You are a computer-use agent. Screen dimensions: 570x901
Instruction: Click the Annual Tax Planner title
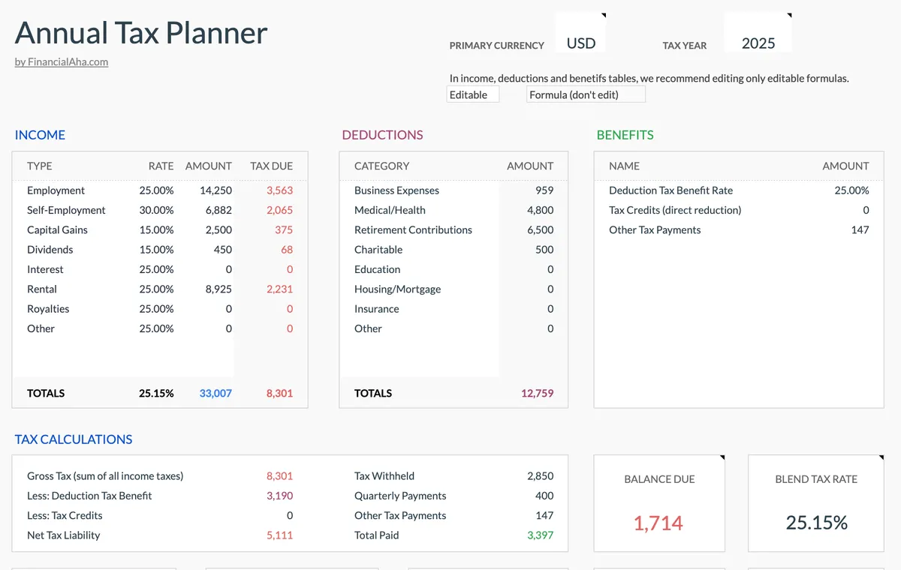(x=141, y=33)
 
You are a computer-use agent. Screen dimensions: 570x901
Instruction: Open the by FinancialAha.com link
(x=62, y=62)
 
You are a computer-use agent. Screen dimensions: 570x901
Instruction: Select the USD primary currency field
(x=580, y=43)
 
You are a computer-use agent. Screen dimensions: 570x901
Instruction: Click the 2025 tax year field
(x=758, y=43)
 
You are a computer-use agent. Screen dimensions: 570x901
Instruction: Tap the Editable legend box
(x=472, y=94)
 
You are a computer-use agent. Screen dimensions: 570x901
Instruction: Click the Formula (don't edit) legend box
(x=585, y=94)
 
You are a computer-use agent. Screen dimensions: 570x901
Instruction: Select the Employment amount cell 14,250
(x=215, y=190)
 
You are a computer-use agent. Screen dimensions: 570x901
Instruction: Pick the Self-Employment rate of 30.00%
(x=156, y=210)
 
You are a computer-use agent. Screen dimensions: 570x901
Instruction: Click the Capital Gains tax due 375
(x=283, y=230)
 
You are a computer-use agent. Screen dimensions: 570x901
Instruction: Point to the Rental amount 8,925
(x=218, y=289)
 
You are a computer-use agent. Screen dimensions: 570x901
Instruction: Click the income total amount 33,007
(x=215, y=393)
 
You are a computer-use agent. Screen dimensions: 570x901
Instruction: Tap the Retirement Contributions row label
(x=413, y=230)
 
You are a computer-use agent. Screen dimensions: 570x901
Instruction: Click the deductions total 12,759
(x=537, y=393)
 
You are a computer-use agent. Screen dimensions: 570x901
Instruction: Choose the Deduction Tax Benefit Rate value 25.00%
(x=851, y=190)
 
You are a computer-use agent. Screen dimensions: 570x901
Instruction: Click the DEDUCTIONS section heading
(x=382, y=135)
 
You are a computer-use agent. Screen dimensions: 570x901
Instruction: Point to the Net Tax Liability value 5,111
(x=279, y=535)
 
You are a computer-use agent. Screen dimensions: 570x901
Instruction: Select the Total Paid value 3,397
(x=540, y=535)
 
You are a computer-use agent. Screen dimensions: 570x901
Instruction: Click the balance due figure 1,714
(x=658, y=523)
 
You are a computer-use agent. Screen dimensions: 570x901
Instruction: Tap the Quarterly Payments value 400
(x=544, y=496)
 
